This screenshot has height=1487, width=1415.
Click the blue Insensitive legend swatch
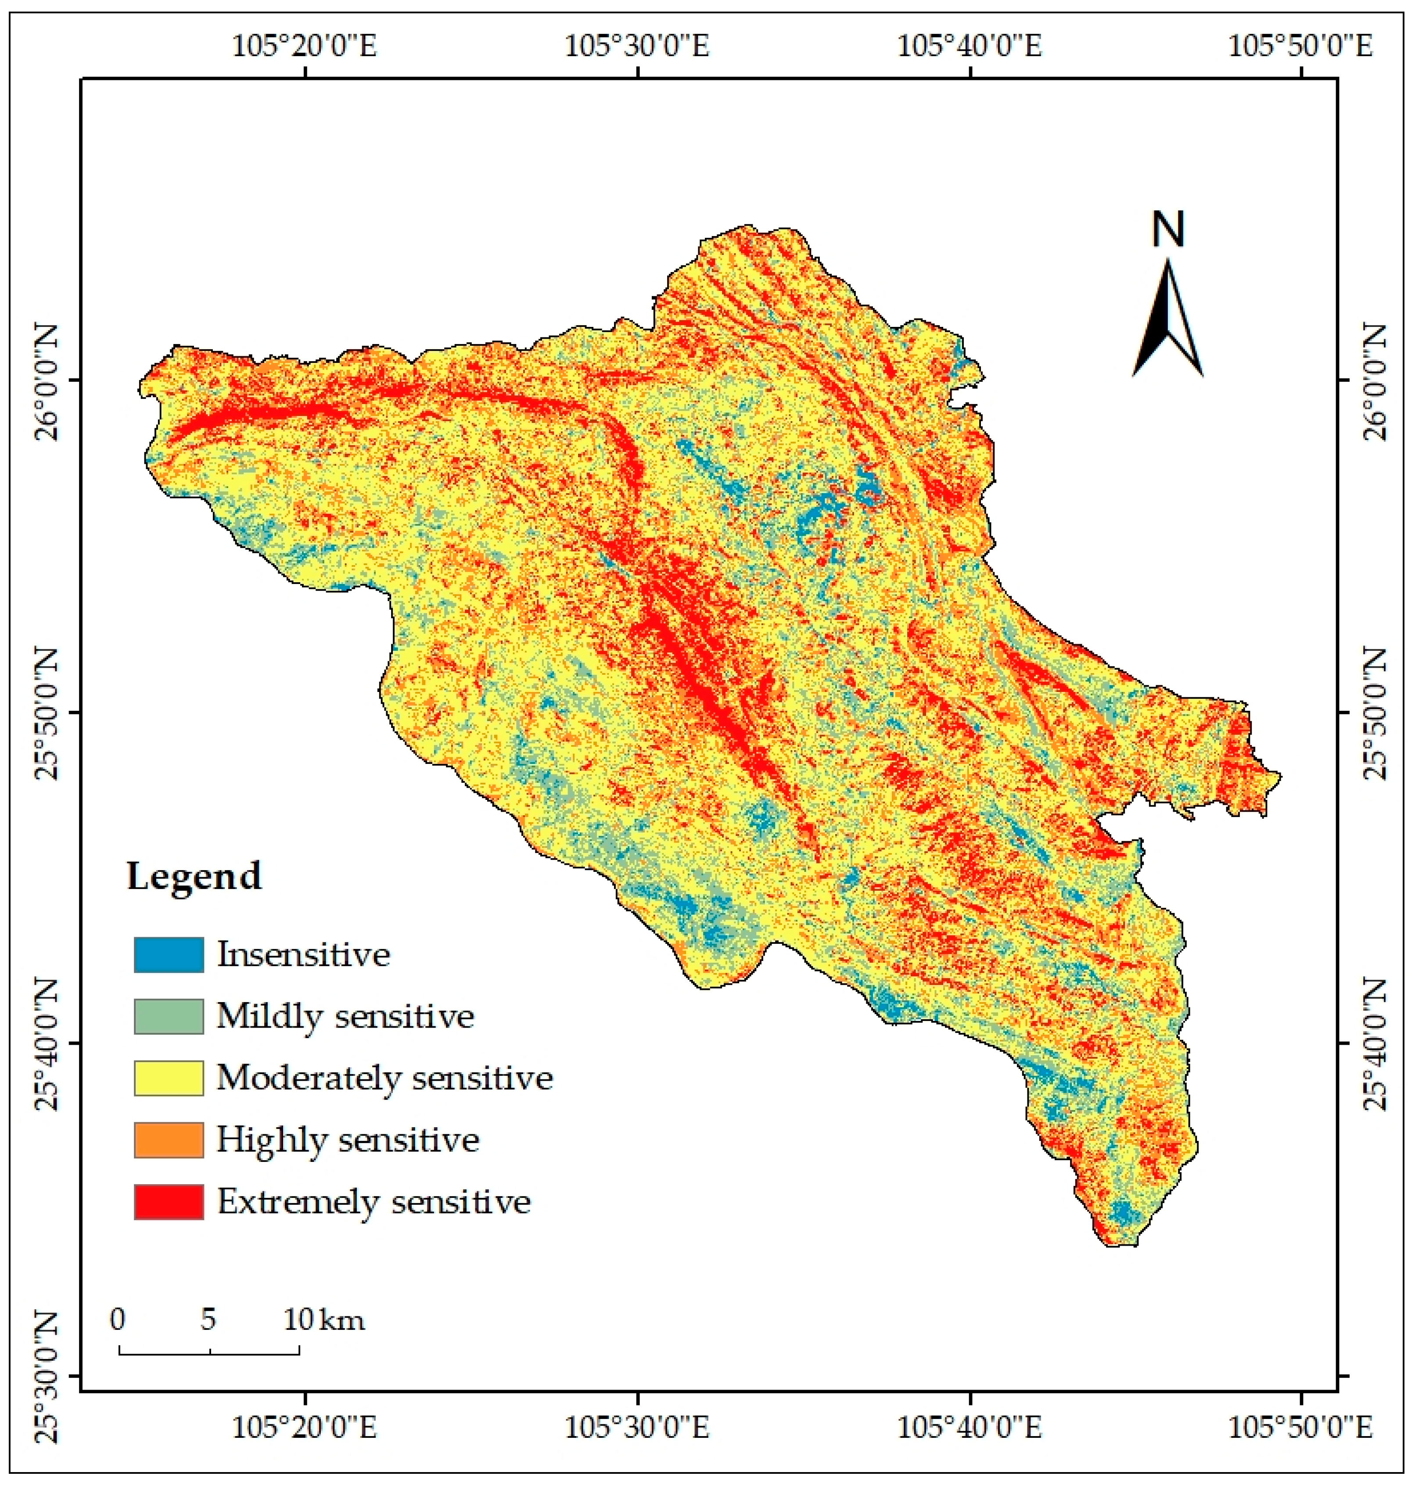point(168,955)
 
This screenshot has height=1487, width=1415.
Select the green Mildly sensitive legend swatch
point(168,1017)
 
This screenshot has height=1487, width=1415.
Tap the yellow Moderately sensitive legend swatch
point(168,1079)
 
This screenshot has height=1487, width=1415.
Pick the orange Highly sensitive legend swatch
point(168,1140)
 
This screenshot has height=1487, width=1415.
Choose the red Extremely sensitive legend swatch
point(168,1202)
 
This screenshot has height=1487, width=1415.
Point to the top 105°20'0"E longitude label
point(304,47)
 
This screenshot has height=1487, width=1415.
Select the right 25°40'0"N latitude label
point(1373,1044)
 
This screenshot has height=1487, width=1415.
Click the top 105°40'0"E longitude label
point(969,47)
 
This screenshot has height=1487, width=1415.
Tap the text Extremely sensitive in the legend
point(374,1202)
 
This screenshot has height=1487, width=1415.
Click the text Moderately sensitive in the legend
point(384,1079)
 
